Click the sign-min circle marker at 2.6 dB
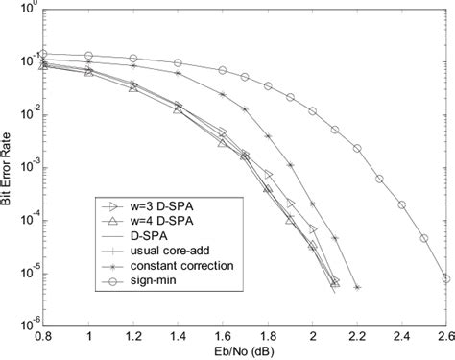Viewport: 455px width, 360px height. click(445, 279)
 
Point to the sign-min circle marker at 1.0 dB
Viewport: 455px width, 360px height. click(88, 56)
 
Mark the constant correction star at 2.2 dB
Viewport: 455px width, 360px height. click(357, 287)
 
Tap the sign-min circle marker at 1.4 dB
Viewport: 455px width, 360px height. click(178, 62)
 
